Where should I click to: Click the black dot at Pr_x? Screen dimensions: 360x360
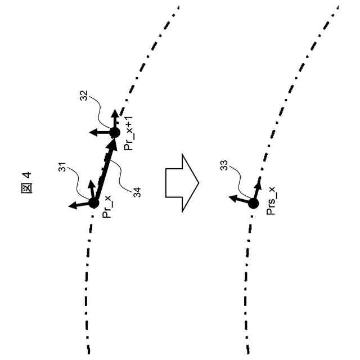tap(94, 202)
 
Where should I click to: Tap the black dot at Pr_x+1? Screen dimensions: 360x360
tap(114, 133)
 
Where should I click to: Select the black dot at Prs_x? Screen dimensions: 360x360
tap(253, 203)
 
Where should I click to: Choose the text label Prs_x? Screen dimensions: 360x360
tap(271, 204)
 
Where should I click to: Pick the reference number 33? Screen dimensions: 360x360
tap(223, 166)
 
